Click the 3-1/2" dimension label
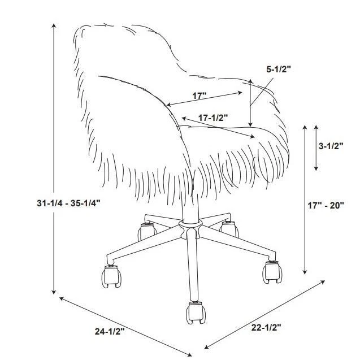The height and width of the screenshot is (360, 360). point(331,145)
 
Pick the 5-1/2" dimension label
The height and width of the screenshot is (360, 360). point(279,70)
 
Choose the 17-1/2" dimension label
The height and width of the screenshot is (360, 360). point(214,118)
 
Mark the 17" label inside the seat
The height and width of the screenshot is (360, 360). point(199,96)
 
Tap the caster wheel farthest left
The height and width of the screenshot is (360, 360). point(111,276)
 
